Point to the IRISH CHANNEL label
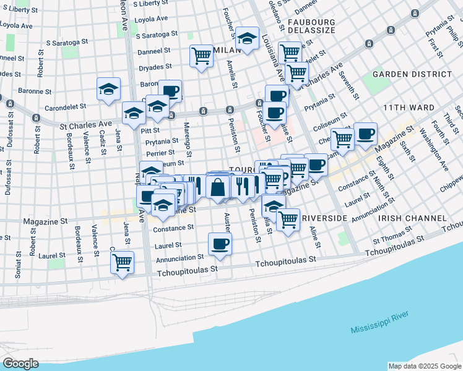point(413,218)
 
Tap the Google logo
point(20,364)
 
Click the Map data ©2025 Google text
point(424,366)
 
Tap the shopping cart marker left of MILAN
point(202,55)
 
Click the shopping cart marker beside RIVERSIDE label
point(288,218)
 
